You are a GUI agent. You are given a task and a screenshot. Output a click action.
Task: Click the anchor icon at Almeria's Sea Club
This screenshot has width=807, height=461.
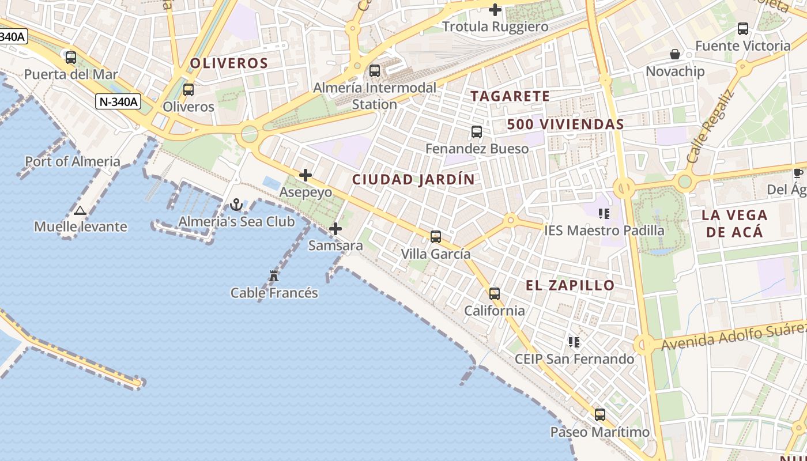coord(236,205)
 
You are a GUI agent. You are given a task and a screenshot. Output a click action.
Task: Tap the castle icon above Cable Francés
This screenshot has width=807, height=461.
coord(274,276)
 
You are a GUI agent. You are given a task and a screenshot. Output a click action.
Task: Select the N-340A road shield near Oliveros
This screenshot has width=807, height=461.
coord(118,102)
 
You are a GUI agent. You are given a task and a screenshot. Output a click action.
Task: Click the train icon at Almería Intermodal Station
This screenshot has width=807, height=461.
coord(375,71)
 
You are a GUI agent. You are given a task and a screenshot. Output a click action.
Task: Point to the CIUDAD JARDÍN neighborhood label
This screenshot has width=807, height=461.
coord(413,179)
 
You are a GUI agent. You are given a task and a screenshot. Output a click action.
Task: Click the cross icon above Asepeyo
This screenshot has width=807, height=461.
coord(306,175)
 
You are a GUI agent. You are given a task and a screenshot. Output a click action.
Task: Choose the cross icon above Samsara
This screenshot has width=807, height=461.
coord(335,229)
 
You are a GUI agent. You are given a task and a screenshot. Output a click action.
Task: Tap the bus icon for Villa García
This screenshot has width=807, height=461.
coord(436,236)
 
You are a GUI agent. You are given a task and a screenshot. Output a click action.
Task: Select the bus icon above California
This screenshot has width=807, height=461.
coord(495,294)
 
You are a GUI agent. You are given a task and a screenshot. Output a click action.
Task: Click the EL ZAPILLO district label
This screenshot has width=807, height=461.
coord(570,285)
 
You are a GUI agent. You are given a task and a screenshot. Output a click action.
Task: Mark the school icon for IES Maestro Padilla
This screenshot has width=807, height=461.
coord(604,214)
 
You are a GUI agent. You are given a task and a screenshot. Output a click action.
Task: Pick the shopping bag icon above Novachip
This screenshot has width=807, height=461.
coord(675,54)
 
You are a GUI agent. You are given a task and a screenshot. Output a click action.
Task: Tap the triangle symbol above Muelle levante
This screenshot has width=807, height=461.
coord(80,210)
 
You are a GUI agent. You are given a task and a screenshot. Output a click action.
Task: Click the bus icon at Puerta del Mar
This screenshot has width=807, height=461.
coord(71,58)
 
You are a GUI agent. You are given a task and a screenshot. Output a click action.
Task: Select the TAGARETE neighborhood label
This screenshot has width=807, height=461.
coord(510,96)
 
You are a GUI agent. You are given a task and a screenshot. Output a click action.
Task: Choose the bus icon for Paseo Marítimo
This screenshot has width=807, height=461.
coord(600,415)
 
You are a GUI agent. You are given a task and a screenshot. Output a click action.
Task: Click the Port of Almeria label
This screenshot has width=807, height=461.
coord(73,161)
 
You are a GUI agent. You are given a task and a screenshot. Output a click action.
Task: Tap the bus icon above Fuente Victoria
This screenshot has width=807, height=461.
coord(743,29)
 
